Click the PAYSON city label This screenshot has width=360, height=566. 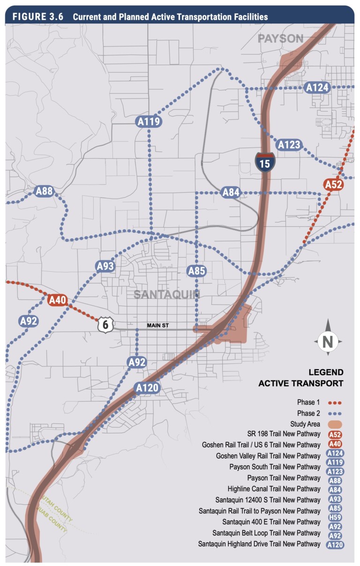[x=281, y=39]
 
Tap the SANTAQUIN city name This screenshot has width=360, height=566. [x=166, y=294]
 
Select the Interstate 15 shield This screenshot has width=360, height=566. [x=265, y=161]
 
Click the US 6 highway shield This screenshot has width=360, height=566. [x=105, y=325]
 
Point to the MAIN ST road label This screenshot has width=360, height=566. [x=157, y=325]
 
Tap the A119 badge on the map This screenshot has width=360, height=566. [x=150, y=122]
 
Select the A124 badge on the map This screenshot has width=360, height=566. [x=317, y=87]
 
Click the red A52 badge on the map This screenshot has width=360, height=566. [x=334, y=185]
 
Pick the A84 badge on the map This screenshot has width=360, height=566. [x=231, y=192]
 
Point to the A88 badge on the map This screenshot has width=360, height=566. [x=44, y=191]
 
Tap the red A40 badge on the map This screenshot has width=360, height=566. [x=58, y=300]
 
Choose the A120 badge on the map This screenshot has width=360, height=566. [x=148, y=388]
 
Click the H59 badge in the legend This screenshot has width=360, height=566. [x=335, y=517]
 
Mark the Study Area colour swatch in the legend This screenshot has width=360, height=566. [x=335, y=424]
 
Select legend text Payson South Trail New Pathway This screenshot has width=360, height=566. [x=275, y=467]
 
